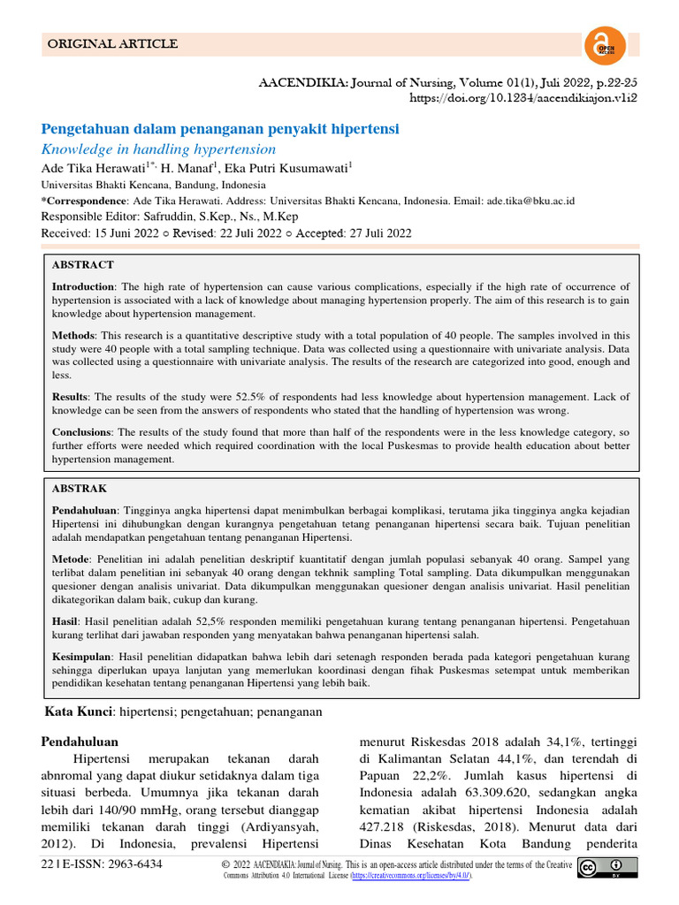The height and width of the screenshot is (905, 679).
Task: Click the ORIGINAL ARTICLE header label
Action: point(112,44)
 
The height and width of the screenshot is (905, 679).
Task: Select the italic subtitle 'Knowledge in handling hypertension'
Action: point(151,149)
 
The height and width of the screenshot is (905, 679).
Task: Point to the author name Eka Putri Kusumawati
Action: point(286,169)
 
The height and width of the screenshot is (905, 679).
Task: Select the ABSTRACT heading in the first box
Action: point(83,264)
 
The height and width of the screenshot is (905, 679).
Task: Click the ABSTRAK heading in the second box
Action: point(81,487)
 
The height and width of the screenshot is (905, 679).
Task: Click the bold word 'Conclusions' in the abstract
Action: point(81,432)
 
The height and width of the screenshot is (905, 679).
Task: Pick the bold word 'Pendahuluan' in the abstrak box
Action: point(85,511)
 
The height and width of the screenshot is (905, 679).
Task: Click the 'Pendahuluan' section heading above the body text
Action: point(80,741)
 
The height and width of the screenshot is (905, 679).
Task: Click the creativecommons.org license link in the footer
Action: point(410,875)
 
